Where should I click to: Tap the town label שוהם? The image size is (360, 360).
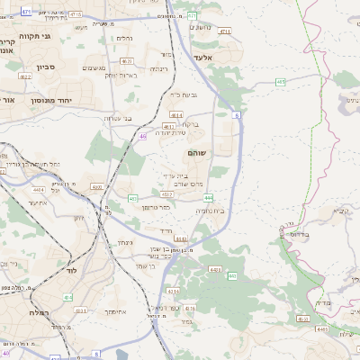click(196, 154)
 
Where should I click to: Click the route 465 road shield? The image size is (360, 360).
click(281, 82)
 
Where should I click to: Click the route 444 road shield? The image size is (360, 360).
click(208, 197)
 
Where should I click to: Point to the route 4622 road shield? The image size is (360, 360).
click(25, 76)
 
